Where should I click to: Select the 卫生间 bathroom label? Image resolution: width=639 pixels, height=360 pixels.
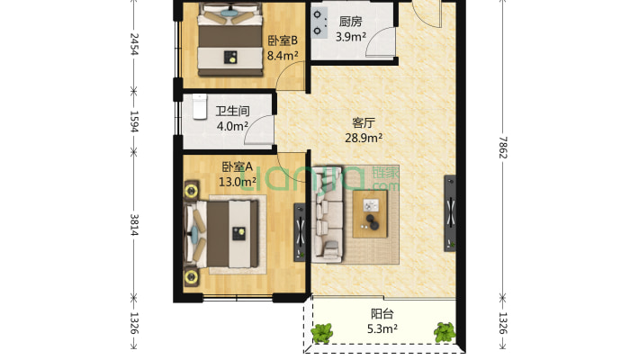232,112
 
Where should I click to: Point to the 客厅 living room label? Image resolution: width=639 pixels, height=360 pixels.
365,124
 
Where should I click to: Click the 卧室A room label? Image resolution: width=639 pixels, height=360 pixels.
238,166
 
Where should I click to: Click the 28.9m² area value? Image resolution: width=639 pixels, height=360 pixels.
365,139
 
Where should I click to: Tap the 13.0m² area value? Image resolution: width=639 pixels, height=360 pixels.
238,181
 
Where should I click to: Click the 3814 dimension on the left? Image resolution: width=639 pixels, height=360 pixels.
134,227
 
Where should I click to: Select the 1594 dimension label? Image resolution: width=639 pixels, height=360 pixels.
134,121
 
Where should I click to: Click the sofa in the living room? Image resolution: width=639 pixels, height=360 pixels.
329,215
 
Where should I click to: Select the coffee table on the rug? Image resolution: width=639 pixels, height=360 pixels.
371,215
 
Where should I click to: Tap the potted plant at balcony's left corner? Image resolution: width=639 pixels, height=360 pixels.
322,333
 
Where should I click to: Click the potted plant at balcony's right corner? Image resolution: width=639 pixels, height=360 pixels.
444,332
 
